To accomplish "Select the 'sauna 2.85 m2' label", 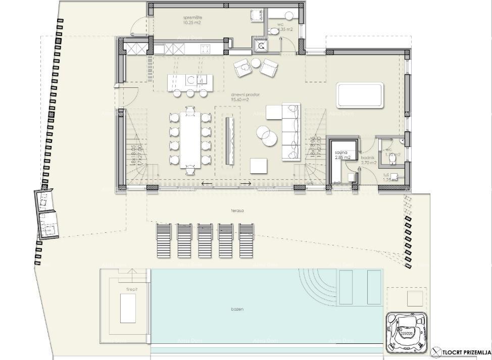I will (342, 155).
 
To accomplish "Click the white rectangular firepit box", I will (128, 308).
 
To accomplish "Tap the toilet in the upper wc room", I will (275, 31).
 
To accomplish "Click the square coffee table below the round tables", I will (259, 166).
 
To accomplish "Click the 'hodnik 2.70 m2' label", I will (369, 160).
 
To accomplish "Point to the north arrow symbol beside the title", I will (437, 352).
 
